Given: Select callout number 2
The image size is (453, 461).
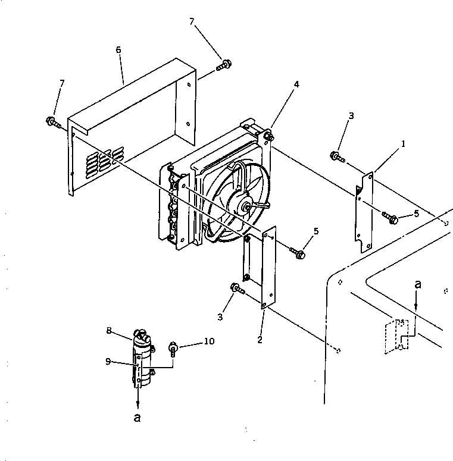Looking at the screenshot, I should click(x=259, y=340).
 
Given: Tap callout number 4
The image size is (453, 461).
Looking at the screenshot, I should click(x=296, y=84).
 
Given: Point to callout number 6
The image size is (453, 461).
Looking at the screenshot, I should click(x=118, y=50).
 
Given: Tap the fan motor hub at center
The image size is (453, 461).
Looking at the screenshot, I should click(x=242, y=205).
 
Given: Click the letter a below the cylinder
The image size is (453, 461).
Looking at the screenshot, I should click(x=138, y=418).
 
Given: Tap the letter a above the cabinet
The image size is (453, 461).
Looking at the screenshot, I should click(x=417, y=285).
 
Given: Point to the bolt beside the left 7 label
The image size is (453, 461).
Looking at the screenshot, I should click(x=53, y=123).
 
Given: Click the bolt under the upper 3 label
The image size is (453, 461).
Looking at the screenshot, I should click(x=337, y=156).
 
